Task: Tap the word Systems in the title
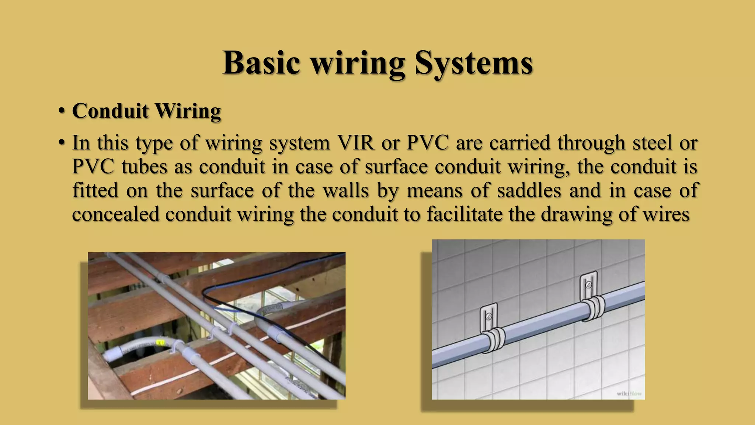474,63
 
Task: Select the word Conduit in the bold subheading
110,111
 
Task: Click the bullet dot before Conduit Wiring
62,111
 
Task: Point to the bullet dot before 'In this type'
62,143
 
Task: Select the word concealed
115,214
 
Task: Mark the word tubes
144,167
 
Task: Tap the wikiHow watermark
629,394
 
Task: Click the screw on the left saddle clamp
489,317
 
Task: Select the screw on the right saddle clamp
588,285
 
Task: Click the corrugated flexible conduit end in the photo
111,355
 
